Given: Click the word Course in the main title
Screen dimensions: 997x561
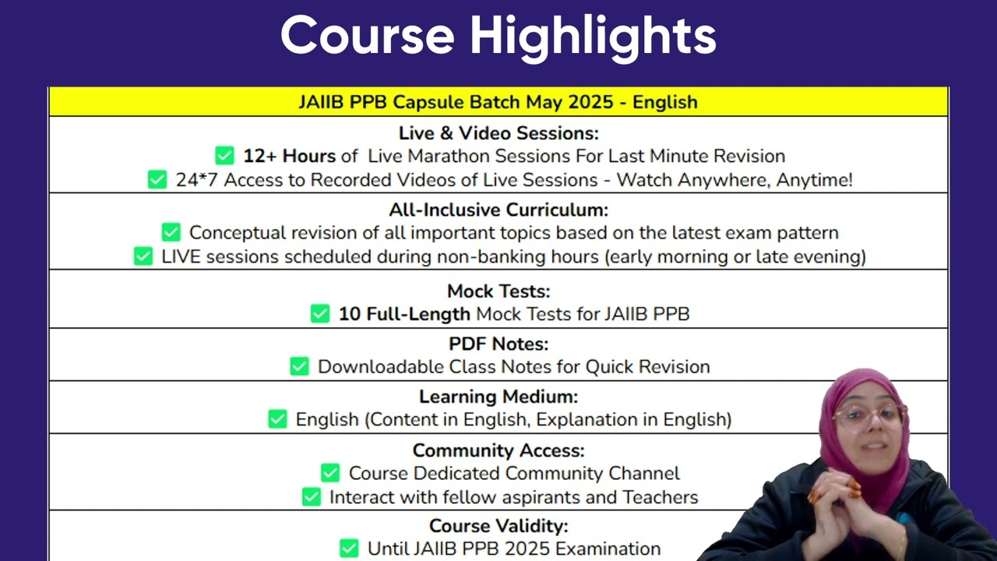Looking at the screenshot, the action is pyautogui.click(x=368, y=36).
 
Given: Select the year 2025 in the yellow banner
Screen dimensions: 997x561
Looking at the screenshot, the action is pyautogui.click(x=590, y=102).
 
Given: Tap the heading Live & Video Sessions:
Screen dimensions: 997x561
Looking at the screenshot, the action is pyautogui.click(x=498, y=132).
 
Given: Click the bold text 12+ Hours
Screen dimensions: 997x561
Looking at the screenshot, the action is pyautogui.click(x=289, y=156).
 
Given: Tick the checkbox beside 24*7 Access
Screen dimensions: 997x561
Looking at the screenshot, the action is pyautogui.click(x=157, y=180).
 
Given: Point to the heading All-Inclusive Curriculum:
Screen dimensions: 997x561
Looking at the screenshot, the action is pyautogui.click(x=498, y=210).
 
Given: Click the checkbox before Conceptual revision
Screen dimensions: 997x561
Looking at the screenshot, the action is pyautogui.click(x=171, y=232).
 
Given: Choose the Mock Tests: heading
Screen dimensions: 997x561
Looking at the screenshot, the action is pyautogui.click(x=498, y=291).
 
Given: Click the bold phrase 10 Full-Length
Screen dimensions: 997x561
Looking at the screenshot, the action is pyautogui.click(x=404, y=314).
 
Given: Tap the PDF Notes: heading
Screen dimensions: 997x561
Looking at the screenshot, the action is pyautogui.click(x=498, y=344).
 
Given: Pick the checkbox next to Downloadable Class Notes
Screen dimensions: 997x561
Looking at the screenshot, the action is pyautogui.click(x=299, y=366).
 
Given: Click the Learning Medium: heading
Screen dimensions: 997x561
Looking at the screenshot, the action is pyautogui.click(x=498, y=397).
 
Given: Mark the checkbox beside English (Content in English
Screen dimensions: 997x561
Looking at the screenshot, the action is pyautogui.click(x=277, y=419).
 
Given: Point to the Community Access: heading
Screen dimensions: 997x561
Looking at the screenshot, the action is pyautogui.click(x=498, y=450).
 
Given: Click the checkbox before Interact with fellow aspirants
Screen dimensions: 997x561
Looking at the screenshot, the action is pyautogui.click(x=311, y=497).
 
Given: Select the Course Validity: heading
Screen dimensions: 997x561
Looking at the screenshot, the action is pyautogui.click(x=498, y=526).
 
